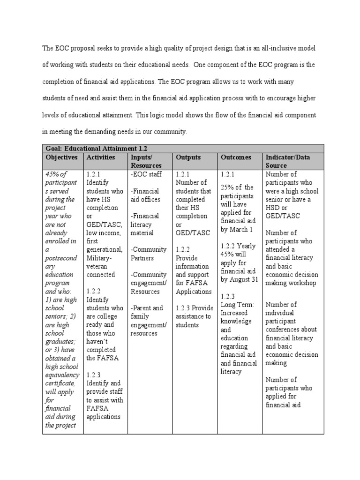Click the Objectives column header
pos(62,157)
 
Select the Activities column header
pos(101,157)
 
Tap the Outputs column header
pos(188,157)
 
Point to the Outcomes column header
pos(236,157)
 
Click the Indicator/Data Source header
pos(288,161)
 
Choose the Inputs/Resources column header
pos(146,161)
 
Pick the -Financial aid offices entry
pos(145,195)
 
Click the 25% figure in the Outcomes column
pos(228,187)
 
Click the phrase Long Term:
pos(237,305)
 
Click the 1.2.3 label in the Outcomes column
pos(228,296)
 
